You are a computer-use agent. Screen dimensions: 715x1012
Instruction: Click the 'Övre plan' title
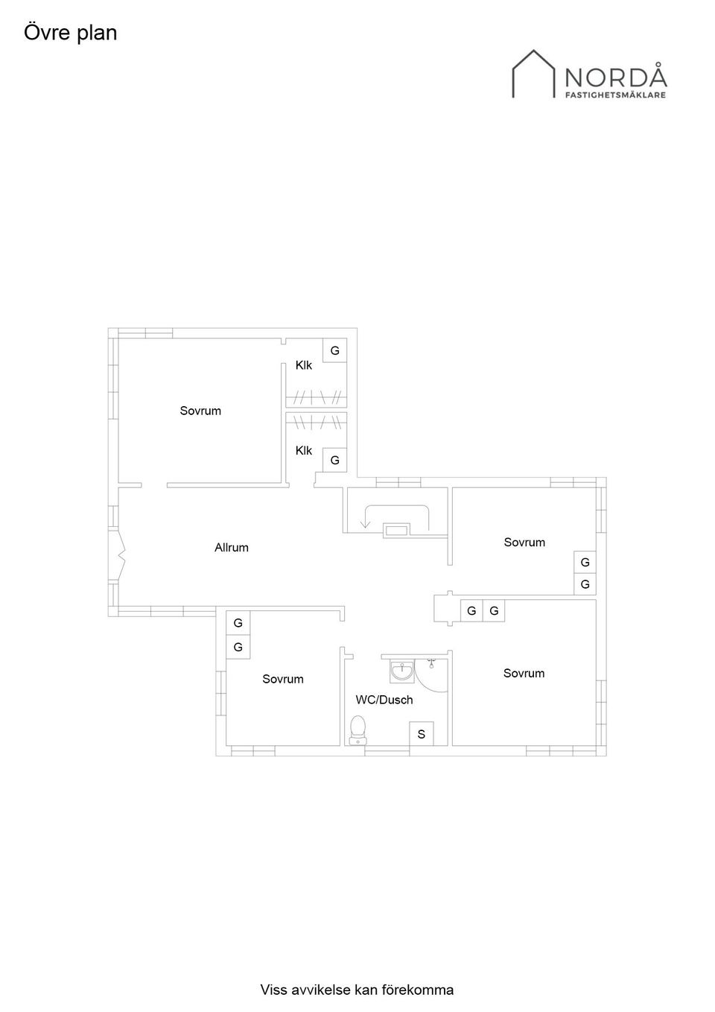(x=71, y=33)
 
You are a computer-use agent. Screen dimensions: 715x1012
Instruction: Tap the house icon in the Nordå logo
(x=533, y=74)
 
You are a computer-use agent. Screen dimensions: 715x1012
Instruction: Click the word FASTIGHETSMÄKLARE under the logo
(x=616, y=95)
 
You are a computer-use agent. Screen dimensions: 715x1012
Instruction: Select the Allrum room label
(x=231, y=548)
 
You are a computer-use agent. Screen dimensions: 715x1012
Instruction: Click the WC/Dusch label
(x=384, y=700)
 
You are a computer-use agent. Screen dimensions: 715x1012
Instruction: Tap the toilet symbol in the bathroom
(x=358, y=730)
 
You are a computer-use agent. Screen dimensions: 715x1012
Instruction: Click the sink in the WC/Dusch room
(x=401, y=671)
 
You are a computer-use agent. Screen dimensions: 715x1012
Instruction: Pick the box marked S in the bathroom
(x=421, y=734)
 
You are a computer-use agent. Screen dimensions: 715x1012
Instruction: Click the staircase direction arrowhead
(x=365, y=525)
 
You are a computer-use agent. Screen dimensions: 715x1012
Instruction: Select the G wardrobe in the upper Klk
(x=334, y=350)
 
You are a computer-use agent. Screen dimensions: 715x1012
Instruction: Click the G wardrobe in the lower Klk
(x=334, y=460)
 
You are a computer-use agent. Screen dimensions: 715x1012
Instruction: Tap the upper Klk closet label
(x=303, y=365)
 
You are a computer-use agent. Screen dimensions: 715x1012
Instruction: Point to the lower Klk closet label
(x=303, y=450)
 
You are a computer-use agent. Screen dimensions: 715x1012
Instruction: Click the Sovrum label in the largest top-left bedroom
(x=200, y=411)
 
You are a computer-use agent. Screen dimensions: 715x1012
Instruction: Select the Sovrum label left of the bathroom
(x=282, y=679)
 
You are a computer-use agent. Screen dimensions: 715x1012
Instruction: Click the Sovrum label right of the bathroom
(x=524, y=673)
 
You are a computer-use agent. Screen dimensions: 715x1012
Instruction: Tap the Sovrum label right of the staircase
(x=524, y=543)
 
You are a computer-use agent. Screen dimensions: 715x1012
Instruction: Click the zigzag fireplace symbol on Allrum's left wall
(x=120, y=554)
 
